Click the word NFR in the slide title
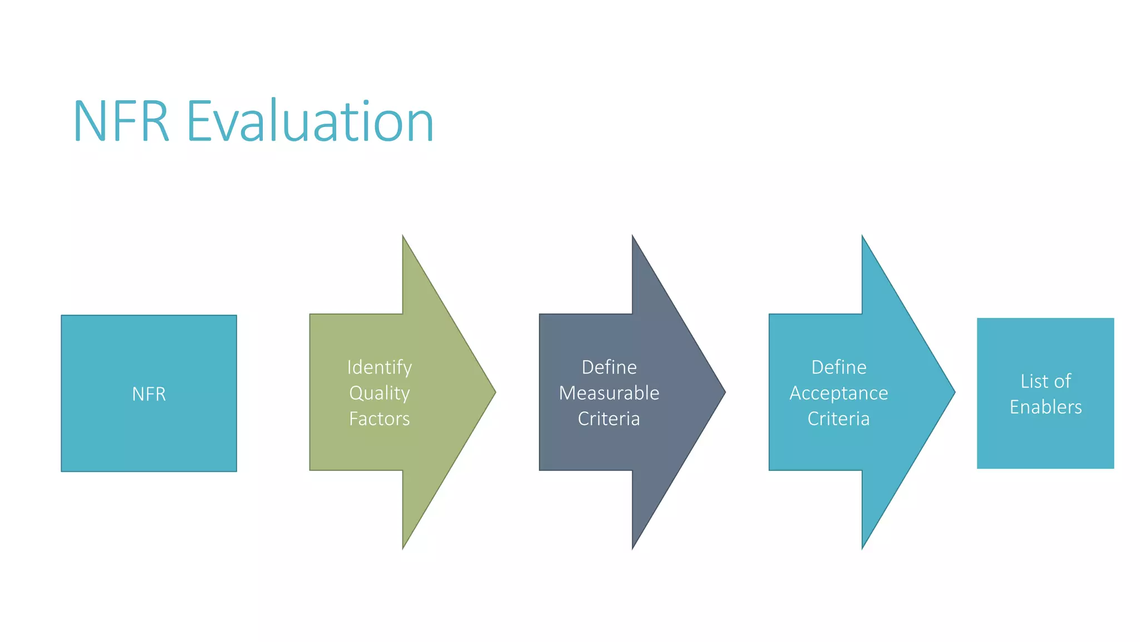[121, 121]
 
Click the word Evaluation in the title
[310, 121]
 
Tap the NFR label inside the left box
[149, 394]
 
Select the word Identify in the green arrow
[380, 367]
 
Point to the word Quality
[380, 393]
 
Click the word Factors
[380, 419]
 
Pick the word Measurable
[609, 393]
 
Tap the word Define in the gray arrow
[609, 367]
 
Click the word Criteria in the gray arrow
[609, 419]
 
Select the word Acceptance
[839, 393]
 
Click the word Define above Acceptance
[839, 367]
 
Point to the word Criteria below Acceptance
[839, 419]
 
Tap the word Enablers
[1046, 407]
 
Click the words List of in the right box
[1046, 381]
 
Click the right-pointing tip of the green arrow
[494, 392]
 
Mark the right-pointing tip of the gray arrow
[724, 392]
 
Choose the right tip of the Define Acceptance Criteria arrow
[954, 392]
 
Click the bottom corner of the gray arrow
[633, 547]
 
